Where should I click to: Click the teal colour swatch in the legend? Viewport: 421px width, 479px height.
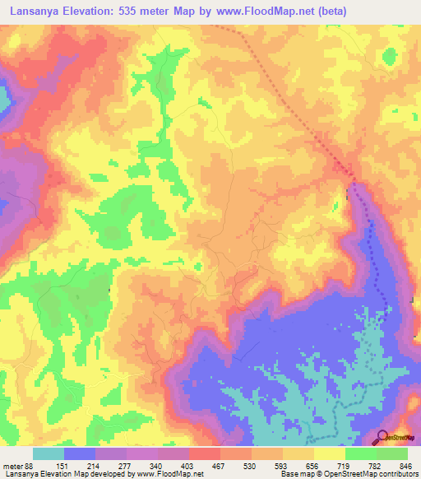tap(49, 453)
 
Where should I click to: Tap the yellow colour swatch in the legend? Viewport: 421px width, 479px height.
tap(330, 453)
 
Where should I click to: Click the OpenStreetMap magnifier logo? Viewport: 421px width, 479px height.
tap(383, 438)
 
